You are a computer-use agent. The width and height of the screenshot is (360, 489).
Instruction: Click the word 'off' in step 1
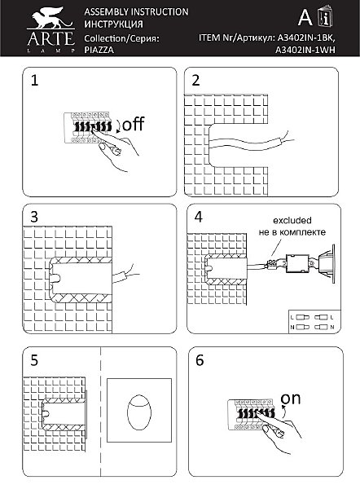click(x=133, y=124)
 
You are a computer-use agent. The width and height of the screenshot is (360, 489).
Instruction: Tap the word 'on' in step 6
click(x=290, y=399)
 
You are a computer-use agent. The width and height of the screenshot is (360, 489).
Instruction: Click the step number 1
click(x=34, y=80)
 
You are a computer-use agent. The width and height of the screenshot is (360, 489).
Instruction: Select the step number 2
click(x=195, y=80)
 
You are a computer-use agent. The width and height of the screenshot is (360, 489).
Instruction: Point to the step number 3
click(x=34, y=217)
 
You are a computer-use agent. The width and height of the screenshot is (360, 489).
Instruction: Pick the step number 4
click(x=198, y=217)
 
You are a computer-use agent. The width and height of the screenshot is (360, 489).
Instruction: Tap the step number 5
click(x=34, y=360)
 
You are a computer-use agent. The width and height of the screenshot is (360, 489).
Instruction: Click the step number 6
click(x=200, y=360)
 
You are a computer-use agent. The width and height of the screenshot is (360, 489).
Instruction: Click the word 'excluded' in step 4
click(x=292, y=221)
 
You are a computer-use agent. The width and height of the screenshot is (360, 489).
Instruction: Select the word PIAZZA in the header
click(x=99, y=50)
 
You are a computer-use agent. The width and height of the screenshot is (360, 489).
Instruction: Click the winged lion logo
click(x=50, y=19)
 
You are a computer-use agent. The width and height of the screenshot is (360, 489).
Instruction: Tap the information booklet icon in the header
click(x=325, y=16)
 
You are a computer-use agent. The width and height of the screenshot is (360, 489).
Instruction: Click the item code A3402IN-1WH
click(x=305, y=50)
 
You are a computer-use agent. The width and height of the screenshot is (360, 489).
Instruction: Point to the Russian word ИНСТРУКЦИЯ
click(x=113, y=24)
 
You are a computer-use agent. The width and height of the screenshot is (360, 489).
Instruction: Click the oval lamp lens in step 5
click(x=139, y=412)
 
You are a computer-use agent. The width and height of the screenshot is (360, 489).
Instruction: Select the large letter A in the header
click(x=305, y=17)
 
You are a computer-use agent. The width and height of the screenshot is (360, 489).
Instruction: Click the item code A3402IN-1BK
click(x=306, y=38)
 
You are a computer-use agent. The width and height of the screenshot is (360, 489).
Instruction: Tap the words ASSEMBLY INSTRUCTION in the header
click(x=136, y=12)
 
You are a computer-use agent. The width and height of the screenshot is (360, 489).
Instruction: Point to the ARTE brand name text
click(x=50, y=38)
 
